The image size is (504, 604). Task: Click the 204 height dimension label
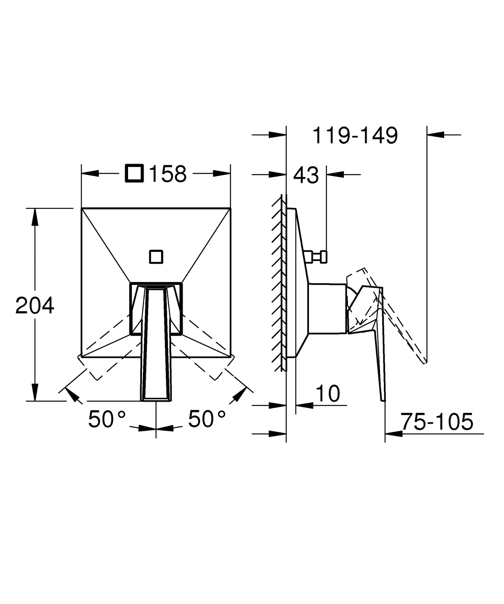(35, 306)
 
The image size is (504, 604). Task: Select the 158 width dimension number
(168, 174)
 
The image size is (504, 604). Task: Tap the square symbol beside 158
(135, 173)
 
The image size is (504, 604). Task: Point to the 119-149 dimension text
(355, 136)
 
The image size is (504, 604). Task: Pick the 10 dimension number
(328, 394)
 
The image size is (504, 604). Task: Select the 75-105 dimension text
(437, 422)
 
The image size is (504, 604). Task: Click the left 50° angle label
(107, 419)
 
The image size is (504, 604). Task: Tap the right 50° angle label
(207, 419)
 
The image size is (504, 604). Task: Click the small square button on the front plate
(156, 257)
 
